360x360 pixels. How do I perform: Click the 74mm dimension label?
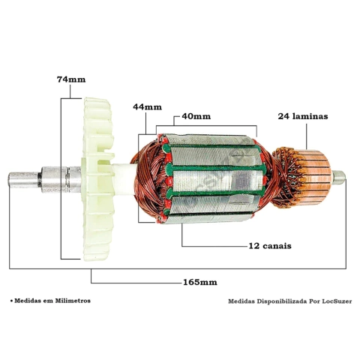pyautogui.click(x=71, y=79)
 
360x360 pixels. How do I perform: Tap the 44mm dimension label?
pyautogui.click(x=147, y=107)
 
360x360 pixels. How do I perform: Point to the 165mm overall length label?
pyautogui.click(x=200, y=282)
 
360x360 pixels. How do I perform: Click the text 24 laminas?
pyautogui.click(x=303, y=116)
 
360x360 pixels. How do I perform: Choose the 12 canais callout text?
pyautogui.click(x=270, y=246)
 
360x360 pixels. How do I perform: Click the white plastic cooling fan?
pyautogui.click(x=97, y=179)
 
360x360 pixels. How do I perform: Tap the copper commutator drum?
pyautogui.click(x=316, y=178)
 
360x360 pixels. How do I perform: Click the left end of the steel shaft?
pyautogui.click(x=8, y=179)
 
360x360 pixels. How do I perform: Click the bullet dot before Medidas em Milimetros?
pyautogui.click(x=11, y=301)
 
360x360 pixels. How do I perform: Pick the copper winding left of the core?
pyautogui.click(x=148, y=178)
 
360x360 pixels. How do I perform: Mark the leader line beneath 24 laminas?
pyautogui.click(x=307, y=136)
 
